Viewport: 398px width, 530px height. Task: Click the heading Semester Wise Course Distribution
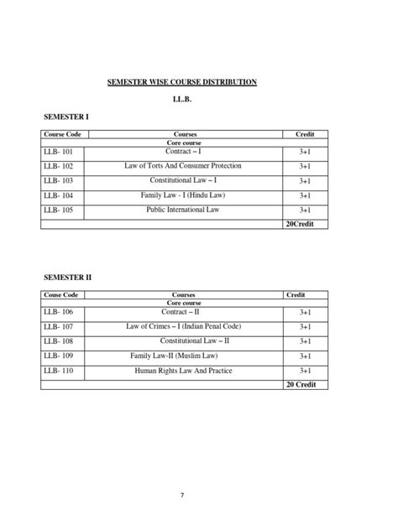tap(181, 81)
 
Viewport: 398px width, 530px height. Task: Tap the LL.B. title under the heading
tap(182, 100)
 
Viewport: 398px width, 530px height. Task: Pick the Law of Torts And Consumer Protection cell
tap(182, 166)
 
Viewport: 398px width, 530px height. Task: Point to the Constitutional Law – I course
tap(182, 180)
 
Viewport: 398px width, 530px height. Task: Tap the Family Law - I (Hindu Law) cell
tap(183, 195)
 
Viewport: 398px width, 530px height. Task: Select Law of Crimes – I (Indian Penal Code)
tap(183, 326)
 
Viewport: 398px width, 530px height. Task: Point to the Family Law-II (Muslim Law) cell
tap(183, 356)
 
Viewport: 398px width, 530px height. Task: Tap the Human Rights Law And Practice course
tap(183, 371)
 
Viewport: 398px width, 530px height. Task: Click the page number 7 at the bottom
tap(183, 495)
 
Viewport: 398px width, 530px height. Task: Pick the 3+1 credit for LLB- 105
tap(304, 210)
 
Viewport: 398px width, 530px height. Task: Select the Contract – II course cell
tap(183, 311)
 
